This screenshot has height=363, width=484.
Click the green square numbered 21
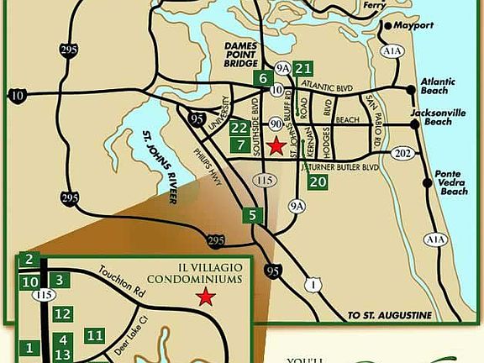coord(304,69)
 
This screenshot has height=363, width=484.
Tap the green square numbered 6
coord(263,79)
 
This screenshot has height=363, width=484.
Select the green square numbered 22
coord(239,129)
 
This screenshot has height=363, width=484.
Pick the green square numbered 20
coord(317,181)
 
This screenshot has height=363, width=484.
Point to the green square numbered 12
coord(63,314)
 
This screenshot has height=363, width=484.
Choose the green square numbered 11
coord(94,336)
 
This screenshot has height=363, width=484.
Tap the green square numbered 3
coord(59,280)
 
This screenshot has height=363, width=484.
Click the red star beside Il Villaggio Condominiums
coord(204,297)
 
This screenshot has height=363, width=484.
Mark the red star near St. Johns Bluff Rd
coord(274,147)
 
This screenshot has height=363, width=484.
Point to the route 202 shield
coord(403,153)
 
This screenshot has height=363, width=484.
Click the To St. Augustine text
coord(389,315)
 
